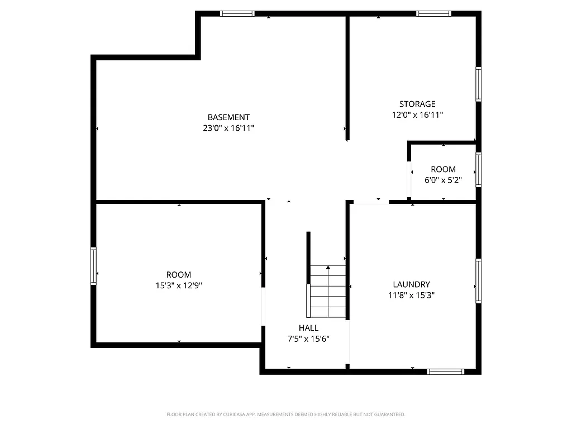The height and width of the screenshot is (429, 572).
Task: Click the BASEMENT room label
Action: pyautogui.click(x=228, y=117)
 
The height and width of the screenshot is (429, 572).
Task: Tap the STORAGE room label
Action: pyautogui.click(x=417, y=104)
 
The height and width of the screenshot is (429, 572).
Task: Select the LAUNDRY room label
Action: pyautogui.click(x=411, y=284)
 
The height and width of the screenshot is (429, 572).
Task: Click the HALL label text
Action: pyautogui.click(x=308, y=328)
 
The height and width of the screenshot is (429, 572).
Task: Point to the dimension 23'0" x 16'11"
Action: pyautogui.click(x=228, y=128)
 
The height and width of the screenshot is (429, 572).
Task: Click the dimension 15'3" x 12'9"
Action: pyautogui.click(x=179, y=285)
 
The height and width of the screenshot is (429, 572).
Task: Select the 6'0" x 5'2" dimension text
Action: pyautogui.click(x=443, y=180)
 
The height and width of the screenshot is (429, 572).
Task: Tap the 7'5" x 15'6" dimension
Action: pyautogui.click(x=308, y=339)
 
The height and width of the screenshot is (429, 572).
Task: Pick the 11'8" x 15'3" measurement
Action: pyautogui.click(x=411, y=295)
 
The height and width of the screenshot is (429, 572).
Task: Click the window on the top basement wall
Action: pyautogui.click(x=237, y=13)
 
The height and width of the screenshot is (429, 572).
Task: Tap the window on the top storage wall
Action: pyautogui.click(x=434, y=13)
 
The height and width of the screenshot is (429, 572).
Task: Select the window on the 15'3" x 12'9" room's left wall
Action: pyautogui.click(x=94, y=266)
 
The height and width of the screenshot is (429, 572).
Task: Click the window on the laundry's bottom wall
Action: pyautogui.click(x=445, y=371)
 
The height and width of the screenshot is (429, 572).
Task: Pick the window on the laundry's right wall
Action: pyautogui.click(x=478, y=281)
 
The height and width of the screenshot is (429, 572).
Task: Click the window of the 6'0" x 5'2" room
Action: pyautogui.click(x=478, y=169)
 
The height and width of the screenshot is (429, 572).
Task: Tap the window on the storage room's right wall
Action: pyautogui.click(x=478, y=84)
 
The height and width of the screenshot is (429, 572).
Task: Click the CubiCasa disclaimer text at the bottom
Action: pyautogui.click(x=285, y=414)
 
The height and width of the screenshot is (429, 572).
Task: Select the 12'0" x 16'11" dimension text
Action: pyautogui.click(x=417, y=115)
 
